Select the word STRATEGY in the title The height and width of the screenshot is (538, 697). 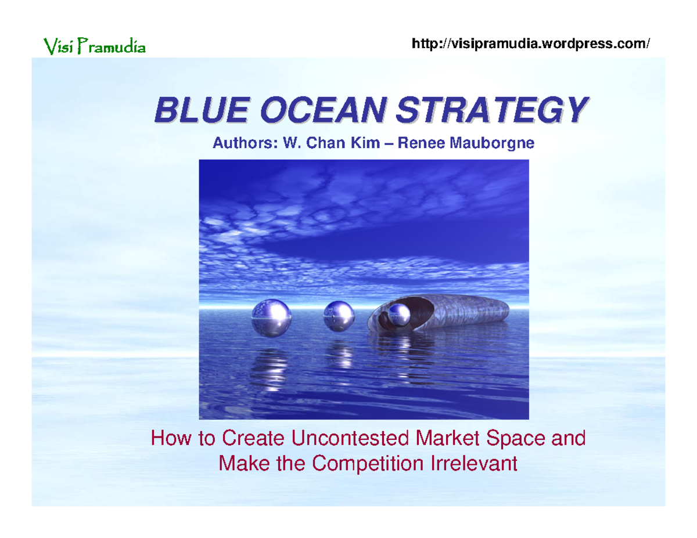pyautogui.click(x=490, y=110)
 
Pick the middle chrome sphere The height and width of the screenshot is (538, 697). pyautogui.click(x=339, y=316)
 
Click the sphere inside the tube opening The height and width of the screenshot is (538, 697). pyautogui.click(x=400, y=315)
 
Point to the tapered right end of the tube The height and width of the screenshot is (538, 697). pyautogui.click(x=500, y=313)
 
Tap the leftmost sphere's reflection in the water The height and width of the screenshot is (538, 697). pyautogui.click(x=271, y=366)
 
